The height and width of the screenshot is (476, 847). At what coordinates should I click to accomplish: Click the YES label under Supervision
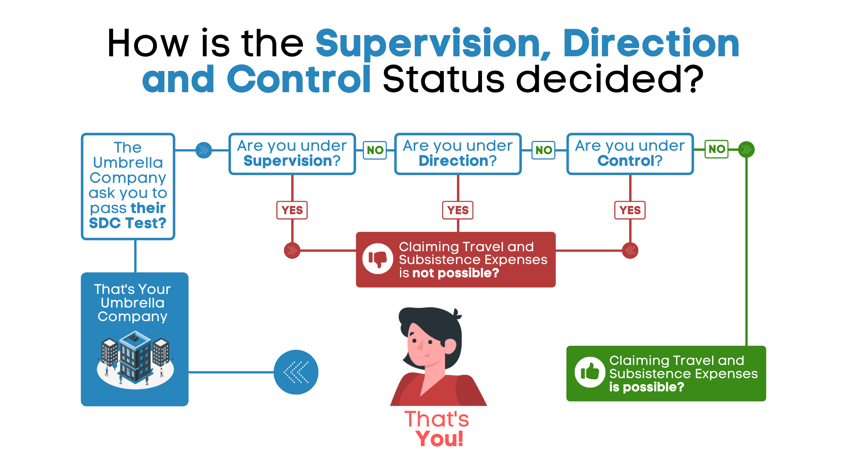pyautogui.click(x=292, y=210)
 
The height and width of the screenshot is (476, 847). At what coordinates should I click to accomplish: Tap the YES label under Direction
pyautogui.click(x=458, y=210)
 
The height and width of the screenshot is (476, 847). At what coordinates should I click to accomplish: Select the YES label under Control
pyautogui.click(x=630, y=210)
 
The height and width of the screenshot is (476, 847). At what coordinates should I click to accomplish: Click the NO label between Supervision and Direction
pyautogui.click(x=375, y=150)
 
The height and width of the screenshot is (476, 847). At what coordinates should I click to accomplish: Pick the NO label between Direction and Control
pyautogui.click(x=543, y=150)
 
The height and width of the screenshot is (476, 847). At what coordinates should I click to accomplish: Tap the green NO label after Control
pyautogui.click(x=717, y=149)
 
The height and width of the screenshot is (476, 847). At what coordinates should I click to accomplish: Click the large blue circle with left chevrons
pyautogui.click(x=296, y=372)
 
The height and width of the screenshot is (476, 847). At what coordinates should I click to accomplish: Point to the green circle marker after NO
pyautogui.click(x=746, y=150)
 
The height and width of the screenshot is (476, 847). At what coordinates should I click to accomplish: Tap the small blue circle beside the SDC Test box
pyautogui.click(x=204, y=150)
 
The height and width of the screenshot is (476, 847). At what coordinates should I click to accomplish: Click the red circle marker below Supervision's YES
pyautogui.click(x=292, y=250)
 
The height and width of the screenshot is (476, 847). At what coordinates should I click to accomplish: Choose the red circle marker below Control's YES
pyautogui.click(x=630, y=250)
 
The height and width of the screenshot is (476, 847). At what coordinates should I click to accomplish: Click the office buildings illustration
pyautogui.click(x=135, y=359)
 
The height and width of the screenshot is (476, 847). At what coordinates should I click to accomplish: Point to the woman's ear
pyautogui.click(x=450, y=346)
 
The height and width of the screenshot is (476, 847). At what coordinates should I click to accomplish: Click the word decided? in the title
pyautogui.click(x=610, y=79)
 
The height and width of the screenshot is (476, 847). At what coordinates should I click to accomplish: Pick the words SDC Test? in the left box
pyautogui.click(x=127, y=223)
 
